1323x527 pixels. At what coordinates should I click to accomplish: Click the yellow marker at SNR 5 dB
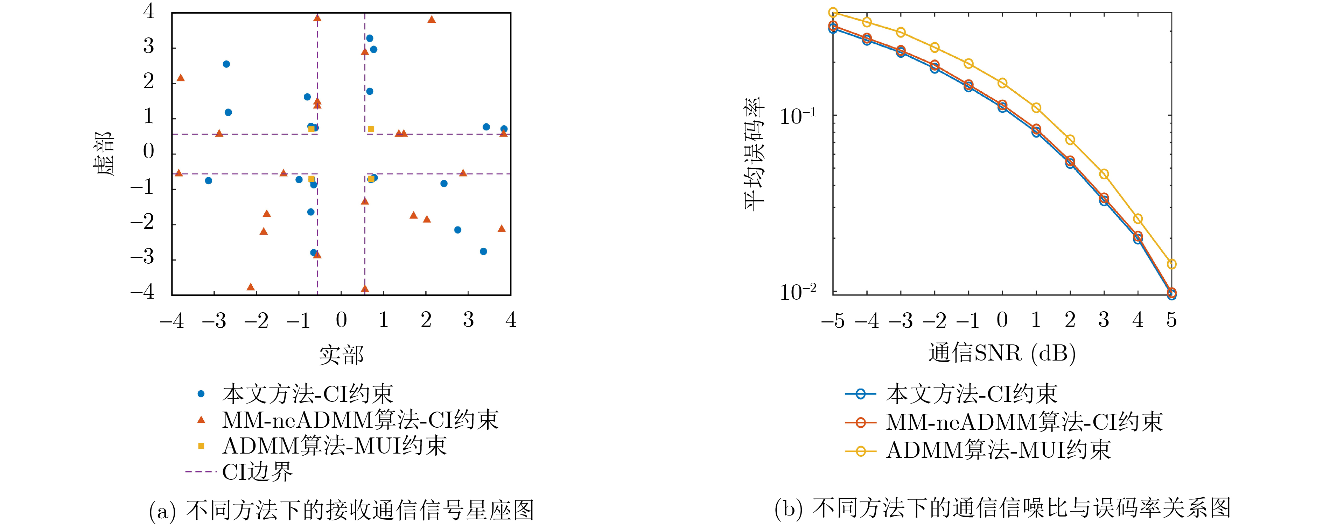point(1171,264)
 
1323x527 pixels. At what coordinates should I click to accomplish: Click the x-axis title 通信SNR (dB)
point(1001,354)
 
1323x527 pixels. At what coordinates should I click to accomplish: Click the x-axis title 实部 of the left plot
point(341,355)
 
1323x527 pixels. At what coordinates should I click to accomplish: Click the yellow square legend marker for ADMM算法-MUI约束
point(201,446)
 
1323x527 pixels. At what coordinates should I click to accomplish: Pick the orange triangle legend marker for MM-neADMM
point(201,420)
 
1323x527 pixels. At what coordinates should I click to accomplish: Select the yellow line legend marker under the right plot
point(860,451)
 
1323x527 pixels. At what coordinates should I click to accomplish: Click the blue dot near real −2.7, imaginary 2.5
point(226,64)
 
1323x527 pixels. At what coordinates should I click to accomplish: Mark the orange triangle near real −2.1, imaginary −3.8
point(251,287)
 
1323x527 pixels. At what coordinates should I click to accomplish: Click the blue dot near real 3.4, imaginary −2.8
point(483,251)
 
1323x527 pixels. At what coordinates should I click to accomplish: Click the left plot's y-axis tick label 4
point(148,11)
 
